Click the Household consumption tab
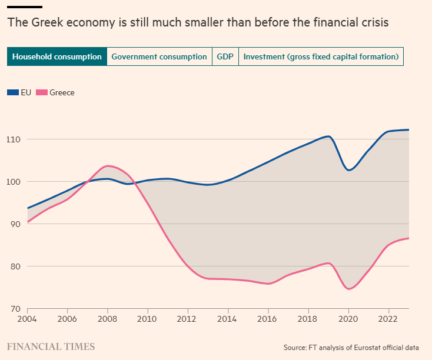[57, 57]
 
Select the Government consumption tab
[159, 57]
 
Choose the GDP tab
[225, 57]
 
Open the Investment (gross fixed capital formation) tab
[321, 57]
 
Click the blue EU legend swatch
[13, 92]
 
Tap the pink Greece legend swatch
[42, 92]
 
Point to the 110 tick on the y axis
[14, 139]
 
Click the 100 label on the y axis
[14, 182]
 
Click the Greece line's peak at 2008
[108, 166]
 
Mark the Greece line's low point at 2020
[348, 289]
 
